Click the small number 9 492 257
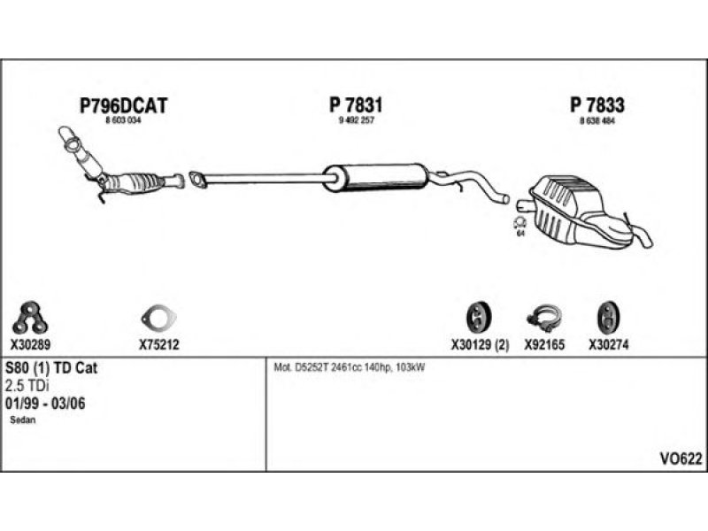(357, 119)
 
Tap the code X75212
(159, 345)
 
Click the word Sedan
(23, 420)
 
